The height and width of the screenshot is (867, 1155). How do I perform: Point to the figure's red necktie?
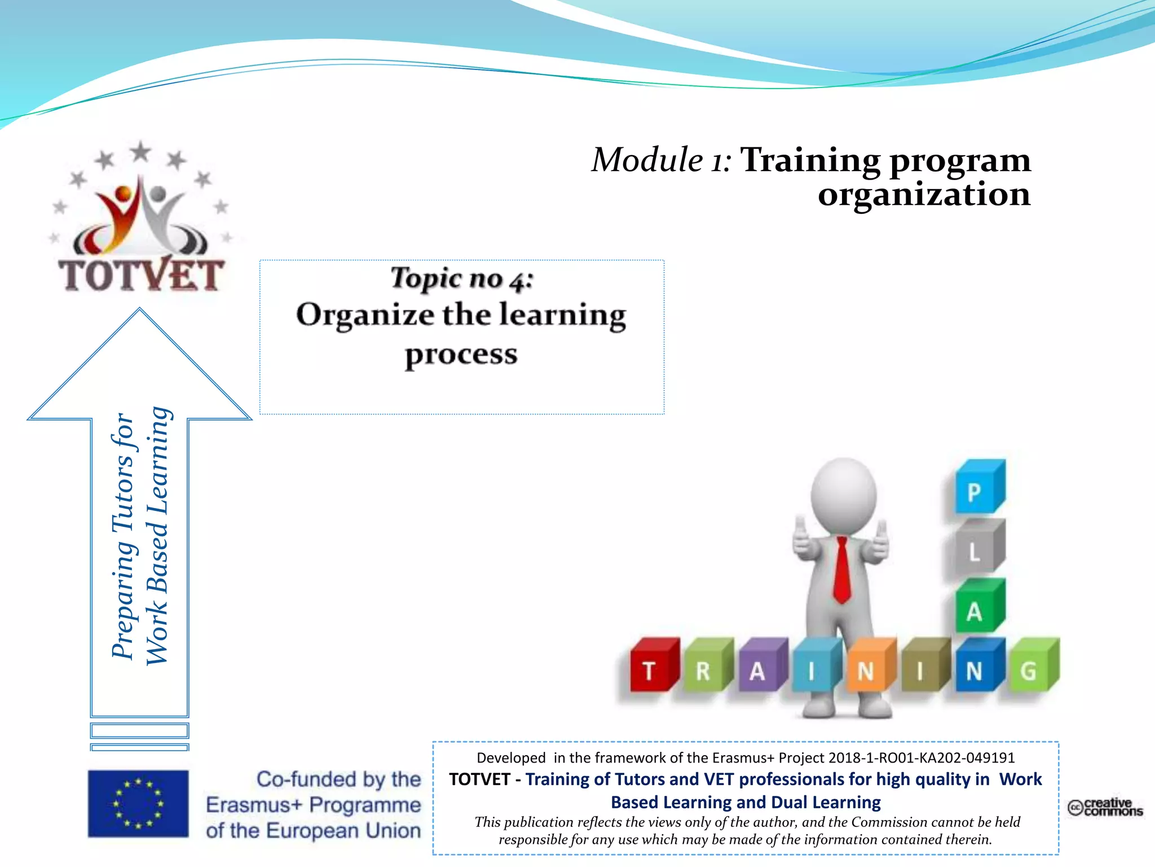click(841, 570)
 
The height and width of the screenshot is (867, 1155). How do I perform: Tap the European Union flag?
click(138, 803)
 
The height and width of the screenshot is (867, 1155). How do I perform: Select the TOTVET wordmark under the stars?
click(142, 275)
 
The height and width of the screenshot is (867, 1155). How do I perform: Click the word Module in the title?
click(647, 160)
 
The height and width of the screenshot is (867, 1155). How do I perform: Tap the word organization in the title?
click(924, 195)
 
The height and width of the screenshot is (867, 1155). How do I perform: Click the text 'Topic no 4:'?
click(461, 278)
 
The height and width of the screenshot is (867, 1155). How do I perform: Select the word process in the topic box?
click(461, 355)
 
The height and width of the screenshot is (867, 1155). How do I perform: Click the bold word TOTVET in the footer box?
click(479, 780)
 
